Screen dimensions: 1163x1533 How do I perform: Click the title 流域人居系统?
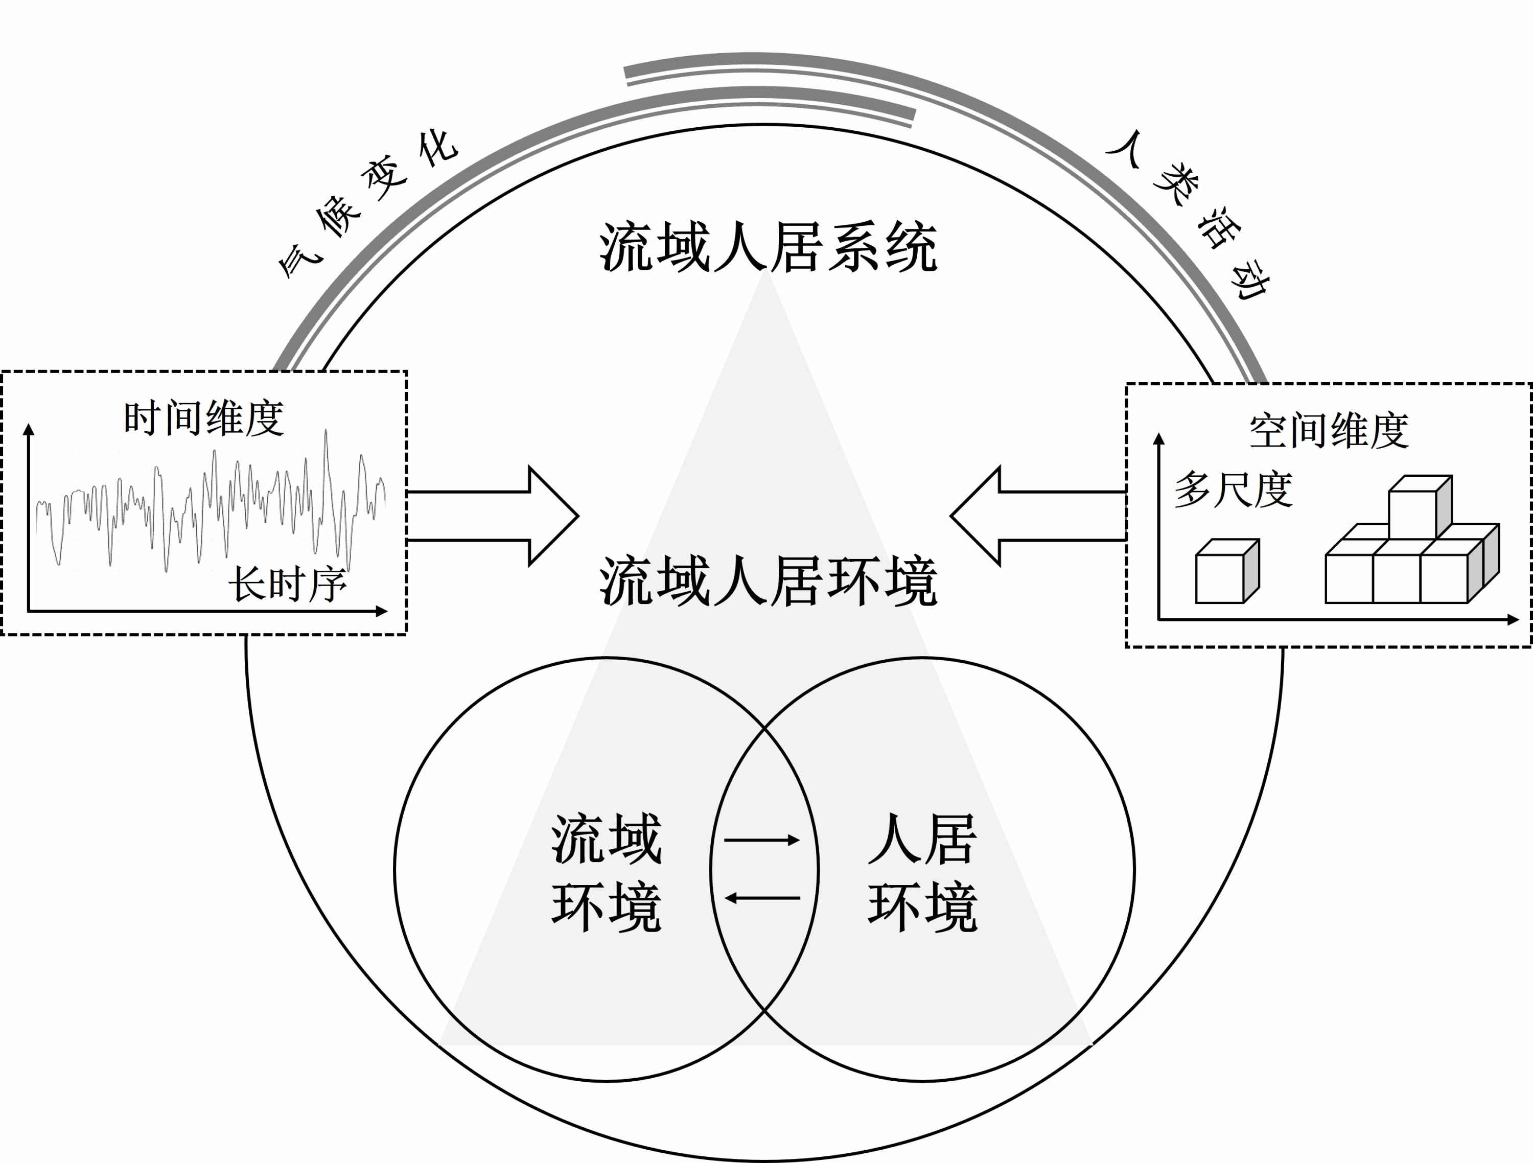[x=768, y=247]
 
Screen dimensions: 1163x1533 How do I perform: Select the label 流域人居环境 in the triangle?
[x=768, y=581]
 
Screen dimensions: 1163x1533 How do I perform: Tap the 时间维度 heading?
[x=204, y=418]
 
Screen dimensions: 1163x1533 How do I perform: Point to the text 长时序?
[x=287, y=584]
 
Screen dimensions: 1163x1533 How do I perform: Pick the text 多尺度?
[x=1233, y=490]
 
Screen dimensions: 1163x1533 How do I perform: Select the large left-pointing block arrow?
[x=1037, y=516]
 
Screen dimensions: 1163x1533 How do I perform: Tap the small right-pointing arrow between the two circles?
[x=762, y=841]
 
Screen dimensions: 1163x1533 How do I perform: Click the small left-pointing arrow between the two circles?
[x=762, y=898]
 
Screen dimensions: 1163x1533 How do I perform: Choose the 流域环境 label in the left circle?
[x=607, y=873]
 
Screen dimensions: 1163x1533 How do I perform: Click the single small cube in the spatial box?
[x=1227, y=572]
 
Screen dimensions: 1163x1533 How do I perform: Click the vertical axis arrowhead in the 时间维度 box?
[x=29, y=430]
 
